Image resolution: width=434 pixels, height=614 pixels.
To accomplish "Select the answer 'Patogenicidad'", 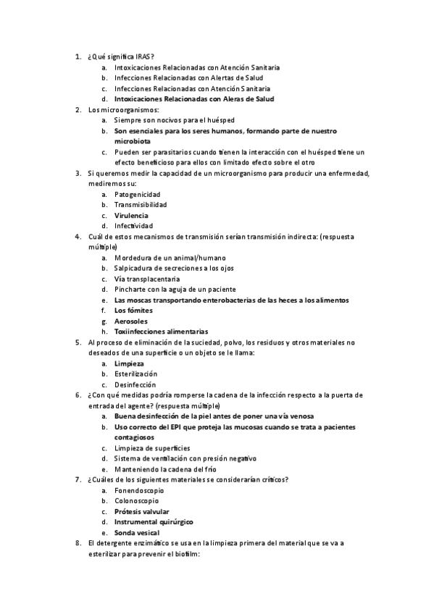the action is (x=138, y=195).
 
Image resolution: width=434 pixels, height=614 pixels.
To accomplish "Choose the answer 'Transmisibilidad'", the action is (x=141, y=205).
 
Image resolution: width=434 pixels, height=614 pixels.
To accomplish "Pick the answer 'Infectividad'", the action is (x=133, y=226).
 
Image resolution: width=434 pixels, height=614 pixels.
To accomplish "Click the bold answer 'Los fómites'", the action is (x=134, y=310).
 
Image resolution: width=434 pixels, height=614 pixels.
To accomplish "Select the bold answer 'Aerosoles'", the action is (x=131, y=321).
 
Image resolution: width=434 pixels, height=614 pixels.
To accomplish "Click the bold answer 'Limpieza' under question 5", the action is (x=130, y=363).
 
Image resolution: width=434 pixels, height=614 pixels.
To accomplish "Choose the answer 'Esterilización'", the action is (x=136, y=374).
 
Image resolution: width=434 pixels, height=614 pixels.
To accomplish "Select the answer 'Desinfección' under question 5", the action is (x=135, y=384).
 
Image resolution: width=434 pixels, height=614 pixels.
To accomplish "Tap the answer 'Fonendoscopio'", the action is (x=138, y=489).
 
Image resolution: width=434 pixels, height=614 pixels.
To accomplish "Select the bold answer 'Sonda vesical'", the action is (x=135, y=532).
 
